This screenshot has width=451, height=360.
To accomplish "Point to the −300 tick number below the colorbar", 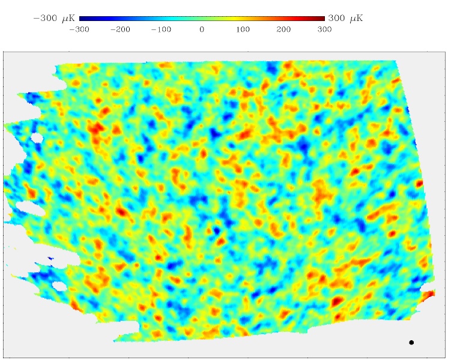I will coord(79,28).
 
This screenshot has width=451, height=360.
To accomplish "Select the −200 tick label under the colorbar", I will coord(120,28).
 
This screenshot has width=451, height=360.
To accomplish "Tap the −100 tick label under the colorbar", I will coord(161,28).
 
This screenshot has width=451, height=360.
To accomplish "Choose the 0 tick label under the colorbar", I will coord(202,28).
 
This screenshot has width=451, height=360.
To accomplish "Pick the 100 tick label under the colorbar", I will coord(243,28).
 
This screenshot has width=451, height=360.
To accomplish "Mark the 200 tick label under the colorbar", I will coord(283,28).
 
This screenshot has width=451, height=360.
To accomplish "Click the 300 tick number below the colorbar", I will coord(324,28).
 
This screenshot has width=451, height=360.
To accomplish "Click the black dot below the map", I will coord(411,343).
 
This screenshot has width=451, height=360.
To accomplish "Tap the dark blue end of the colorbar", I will coord(82,19).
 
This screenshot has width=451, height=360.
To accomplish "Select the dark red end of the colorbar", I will coord(321,19).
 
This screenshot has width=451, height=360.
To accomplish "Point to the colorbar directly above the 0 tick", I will coord(202,19).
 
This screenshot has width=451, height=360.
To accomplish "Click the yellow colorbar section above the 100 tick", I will coord(243,19).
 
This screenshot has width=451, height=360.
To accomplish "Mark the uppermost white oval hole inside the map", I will coord(37,139).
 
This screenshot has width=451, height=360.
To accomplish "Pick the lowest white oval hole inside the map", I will coord(59,286).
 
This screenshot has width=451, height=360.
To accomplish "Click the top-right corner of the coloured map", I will coord(396,61).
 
